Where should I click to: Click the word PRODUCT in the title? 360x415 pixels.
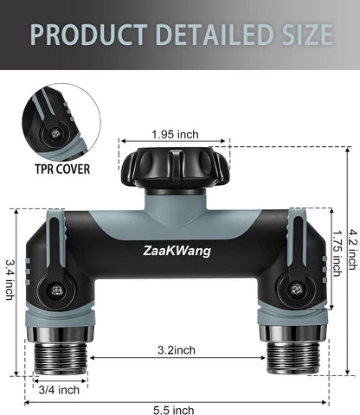[89, 34]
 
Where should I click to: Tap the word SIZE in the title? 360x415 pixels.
[307, 34]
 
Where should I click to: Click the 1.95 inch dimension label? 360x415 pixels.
[175, 134]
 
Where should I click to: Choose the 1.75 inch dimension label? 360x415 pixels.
[337, 253]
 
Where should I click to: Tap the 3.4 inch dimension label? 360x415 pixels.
[10, 280]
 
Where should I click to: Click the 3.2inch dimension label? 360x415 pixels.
[177, 350]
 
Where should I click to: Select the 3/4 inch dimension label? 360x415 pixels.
[59, 390]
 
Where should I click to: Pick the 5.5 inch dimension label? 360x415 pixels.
[173, 410]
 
